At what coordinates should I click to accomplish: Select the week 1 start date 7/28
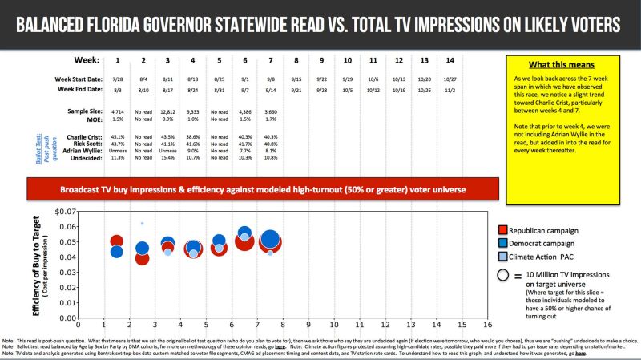click(x=117, y=79)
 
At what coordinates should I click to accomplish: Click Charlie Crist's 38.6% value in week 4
click(x=193, y=137)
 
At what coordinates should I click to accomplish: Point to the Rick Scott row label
click(x=83, y=144)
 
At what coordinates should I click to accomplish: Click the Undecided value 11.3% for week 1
click(x=117, y=159)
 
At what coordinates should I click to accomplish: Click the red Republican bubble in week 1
click(x=117, y=241)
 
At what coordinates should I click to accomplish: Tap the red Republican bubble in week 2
click(x=142, y=258)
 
